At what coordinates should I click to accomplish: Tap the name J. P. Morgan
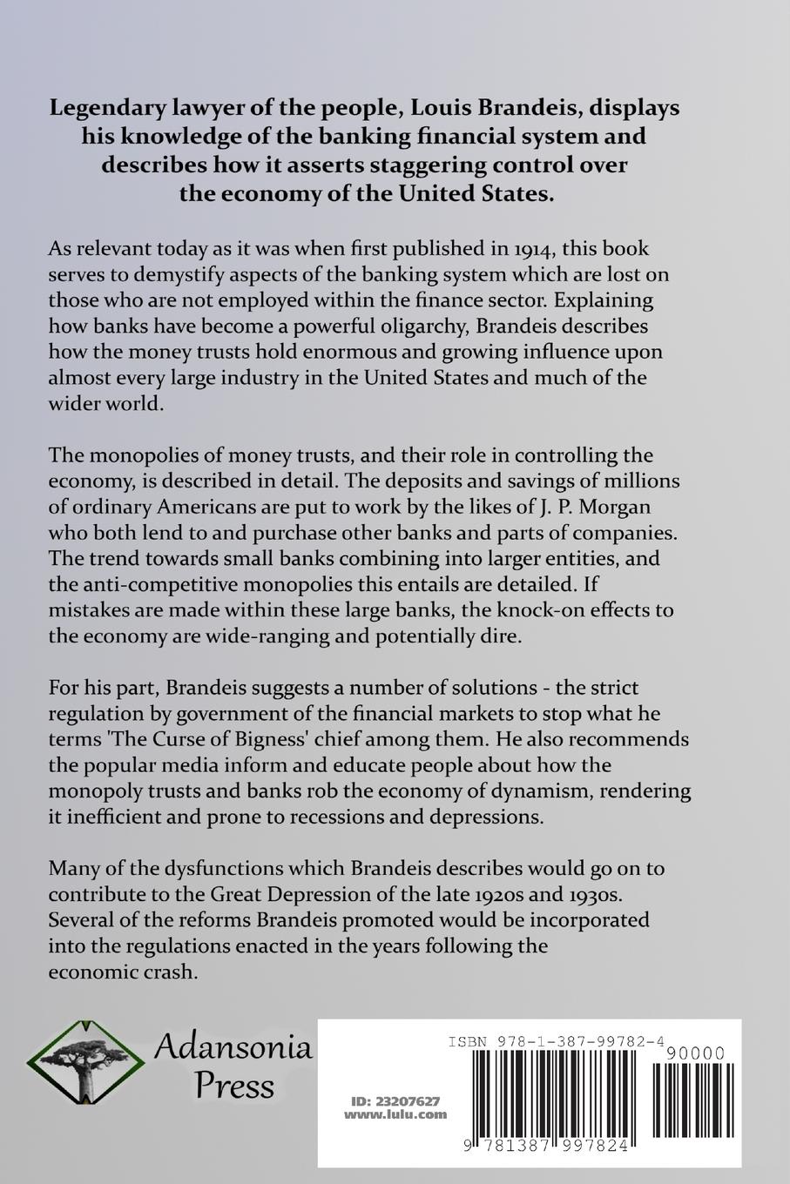tap(594, 506)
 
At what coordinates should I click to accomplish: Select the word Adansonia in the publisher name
tap(233, 1047)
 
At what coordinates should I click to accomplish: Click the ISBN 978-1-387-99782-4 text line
tap(557, 1041)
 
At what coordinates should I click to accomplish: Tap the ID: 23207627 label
tap(391, 1100)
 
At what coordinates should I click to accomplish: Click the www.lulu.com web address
tap(395, 1113)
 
